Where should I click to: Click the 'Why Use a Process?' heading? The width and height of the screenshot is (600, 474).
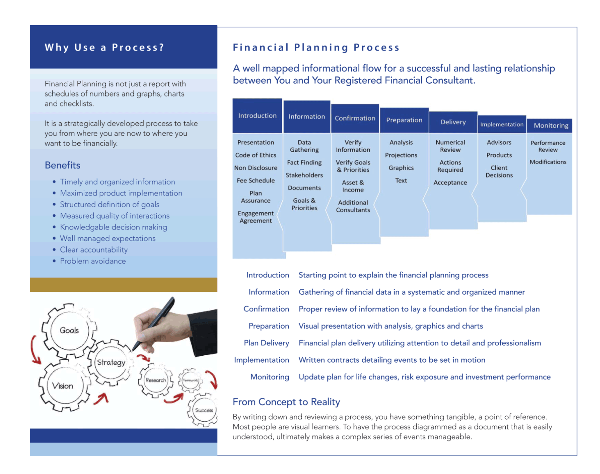pyautogui.click(x=105, y=47)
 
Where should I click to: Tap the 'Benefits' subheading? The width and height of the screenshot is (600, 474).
pyautogui.click(x=63, y=165)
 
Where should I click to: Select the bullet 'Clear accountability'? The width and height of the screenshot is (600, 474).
pyautogui.click(x=94, y=250)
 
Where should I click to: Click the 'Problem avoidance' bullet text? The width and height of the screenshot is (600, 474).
pyautogui.click(x=93, y=261)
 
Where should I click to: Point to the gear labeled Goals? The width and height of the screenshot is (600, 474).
pyautogui.click(x=69, y=330)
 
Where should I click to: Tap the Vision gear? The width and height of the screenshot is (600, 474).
pyautogui.click(x=63, y=386)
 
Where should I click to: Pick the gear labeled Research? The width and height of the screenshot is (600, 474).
pyautogui.click(x=156, y=380)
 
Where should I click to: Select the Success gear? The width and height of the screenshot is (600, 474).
pyautogui.click(x=204, y=410)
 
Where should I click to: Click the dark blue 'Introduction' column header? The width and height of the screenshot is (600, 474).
pyautogui.click(x=257, y=116)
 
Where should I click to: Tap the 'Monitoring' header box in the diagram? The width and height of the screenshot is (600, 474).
pyautogui.click(x=550, y=126)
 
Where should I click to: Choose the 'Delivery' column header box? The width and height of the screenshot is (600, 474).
pyautogui.click(x=453, y=122)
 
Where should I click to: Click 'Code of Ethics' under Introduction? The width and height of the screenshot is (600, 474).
pyautogui.click(x=256, y=155)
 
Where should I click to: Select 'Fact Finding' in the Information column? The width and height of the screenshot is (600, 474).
pyautogui.click(x=304, y=163)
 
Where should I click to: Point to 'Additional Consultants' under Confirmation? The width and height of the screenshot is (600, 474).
pyautogui.click(x=353, y=206)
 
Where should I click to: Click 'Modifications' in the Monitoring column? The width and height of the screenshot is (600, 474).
pyautogui.click(x=548, y=162)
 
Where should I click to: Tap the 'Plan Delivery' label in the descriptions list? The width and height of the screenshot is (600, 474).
pyautogui.click(x=266, y=343)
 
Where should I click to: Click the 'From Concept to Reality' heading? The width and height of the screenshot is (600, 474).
pyautogui.click(x=286, y=402)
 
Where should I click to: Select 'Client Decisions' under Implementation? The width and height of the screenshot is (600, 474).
pyautogui.click(x=499, y=172)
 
